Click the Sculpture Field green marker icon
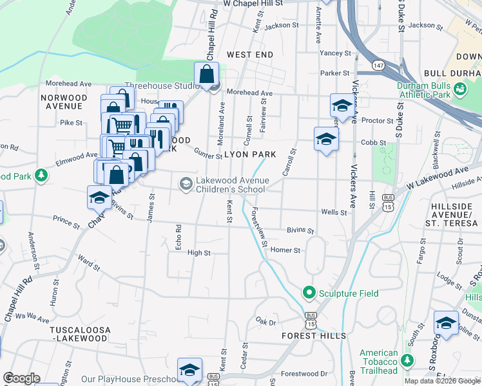pos(309,293)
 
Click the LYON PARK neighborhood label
pos(250,155)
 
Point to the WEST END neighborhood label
pos(250,55)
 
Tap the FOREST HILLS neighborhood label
pos(314,336)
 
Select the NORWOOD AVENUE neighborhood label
pos(61,102)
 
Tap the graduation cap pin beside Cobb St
pos(326,139)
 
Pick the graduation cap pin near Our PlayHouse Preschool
pos(189,371)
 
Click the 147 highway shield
pos(378,66)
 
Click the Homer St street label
pos(285,250)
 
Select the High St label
pos(198,253)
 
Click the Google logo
pos(21,378)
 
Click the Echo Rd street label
pos(178,232)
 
